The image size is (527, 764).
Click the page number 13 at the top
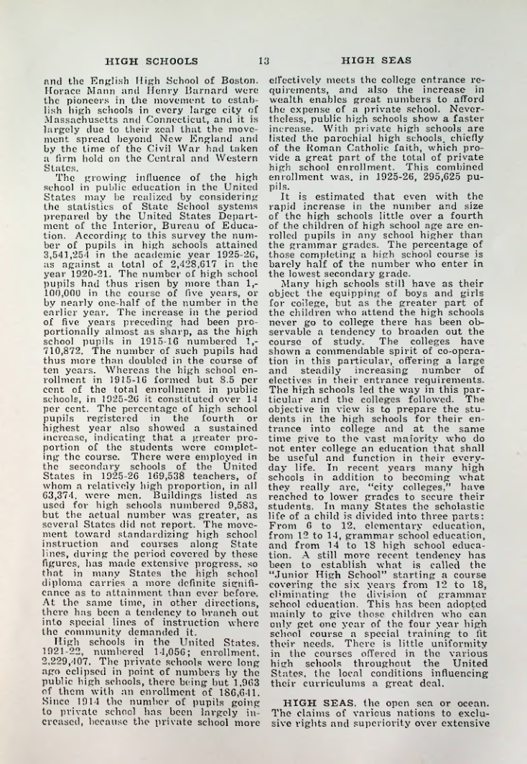(x=263, y=60)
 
